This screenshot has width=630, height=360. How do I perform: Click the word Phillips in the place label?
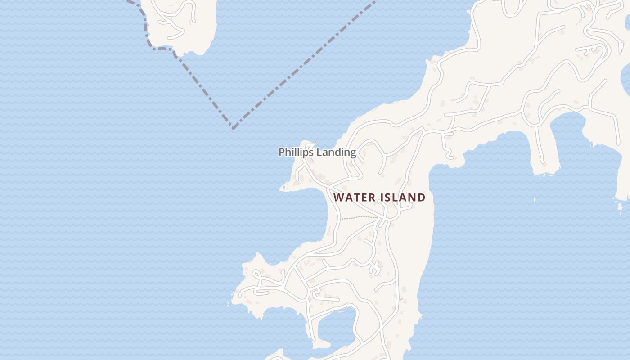[x=296, y=153]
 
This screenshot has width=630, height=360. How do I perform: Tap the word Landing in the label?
[x=336, y=153]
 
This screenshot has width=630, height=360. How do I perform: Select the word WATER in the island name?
[x=354, y=198]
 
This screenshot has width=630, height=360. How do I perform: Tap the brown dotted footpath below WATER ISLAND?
[x=358, y=217]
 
